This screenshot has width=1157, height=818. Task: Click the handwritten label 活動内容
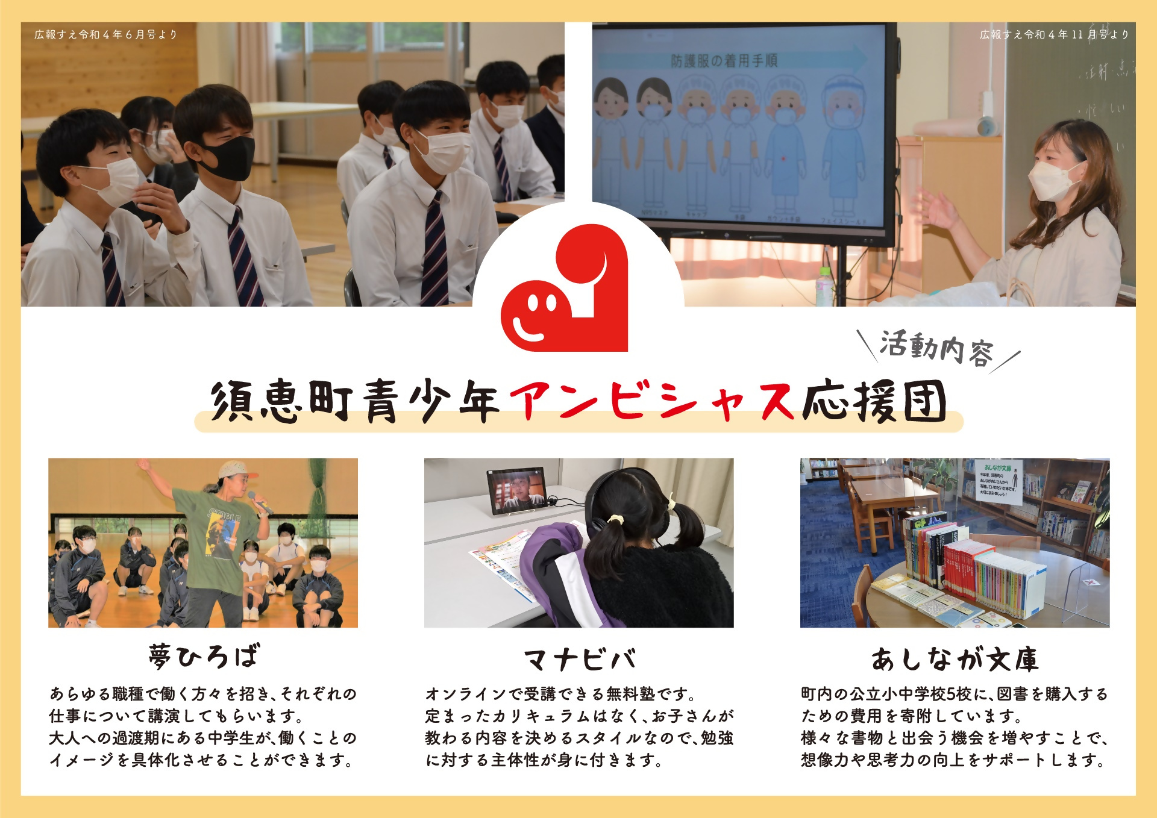[x=936, y=348]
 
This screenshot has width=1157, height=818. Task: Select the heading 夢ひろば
[x=204, y=656]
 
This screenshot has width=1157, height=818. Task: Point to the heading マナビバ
[x=579, y=659]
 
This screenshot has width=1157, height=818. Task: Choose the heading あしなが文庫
[x=955, y=659]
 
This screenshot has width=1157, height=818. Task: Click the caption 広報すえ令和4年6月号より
[x=106, y=34]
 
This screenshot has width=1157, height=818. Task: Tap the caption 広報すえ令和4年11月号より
[x=1054, y=34]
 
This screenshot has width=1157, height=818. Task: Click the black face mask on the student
[x=228, y=158]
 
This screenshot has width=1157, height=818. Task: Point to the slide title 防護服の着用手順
[x=724, y=60]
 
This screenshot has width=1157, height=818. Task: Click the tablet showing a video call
[x=517, y=491]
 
